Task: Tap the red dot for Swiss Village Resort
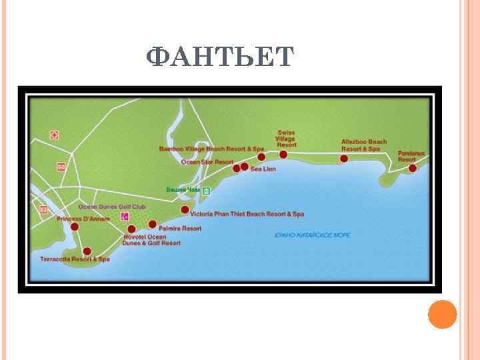283,155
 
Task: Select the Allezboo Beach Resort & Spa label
364,145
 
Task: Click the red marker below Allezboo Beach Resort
344,159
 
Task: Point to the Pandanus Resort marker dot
413,169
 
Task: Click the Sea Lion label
263,169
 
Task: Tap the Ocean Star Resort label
207,162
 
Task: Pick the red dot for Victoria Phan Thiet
185,209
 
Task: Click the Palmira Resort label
180,229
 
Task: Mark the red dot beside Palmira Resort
153,224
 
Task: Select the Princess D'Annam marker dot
75,227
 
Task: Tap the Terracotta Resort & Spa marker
87,251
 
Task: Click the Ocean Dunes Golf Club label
112,207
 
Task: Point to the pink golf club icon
125,216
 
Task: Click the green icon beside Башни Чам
207,191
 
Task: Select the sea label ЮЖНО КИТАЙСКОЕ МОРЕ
313,235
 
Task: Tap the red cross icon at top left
55,135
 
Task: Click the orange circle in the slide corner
442,314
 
